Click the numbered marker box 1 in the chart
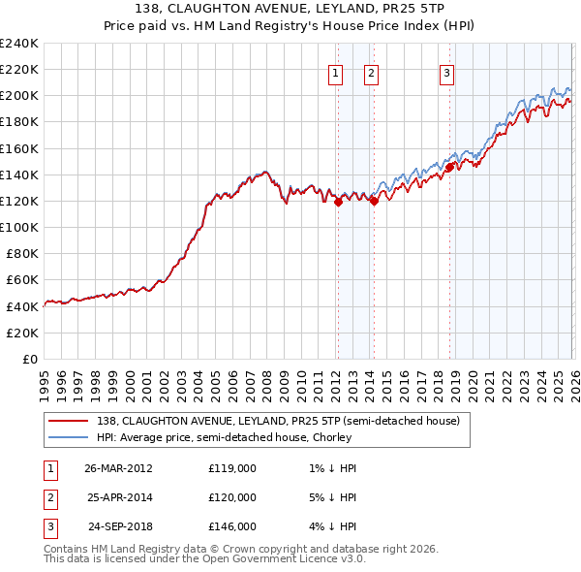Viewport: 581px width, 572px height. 335,72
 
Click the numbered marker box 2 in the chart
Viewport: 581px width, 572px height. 371,72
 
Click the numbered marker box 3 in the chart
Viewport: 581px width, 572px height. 446,72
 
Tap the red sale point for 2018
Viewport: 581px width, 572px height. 449,167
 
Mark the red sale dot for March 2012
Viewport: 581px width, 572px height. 338,203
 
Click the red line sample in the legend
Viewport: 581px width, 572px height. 69,420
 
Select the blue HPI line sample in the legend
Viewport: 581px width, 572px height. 69,437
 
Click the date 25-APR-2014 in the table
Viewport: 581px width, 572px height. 119,496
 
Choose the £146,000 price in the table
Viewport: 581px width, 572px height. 232,526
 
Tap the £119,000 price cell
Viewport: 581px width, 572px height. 232,467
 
